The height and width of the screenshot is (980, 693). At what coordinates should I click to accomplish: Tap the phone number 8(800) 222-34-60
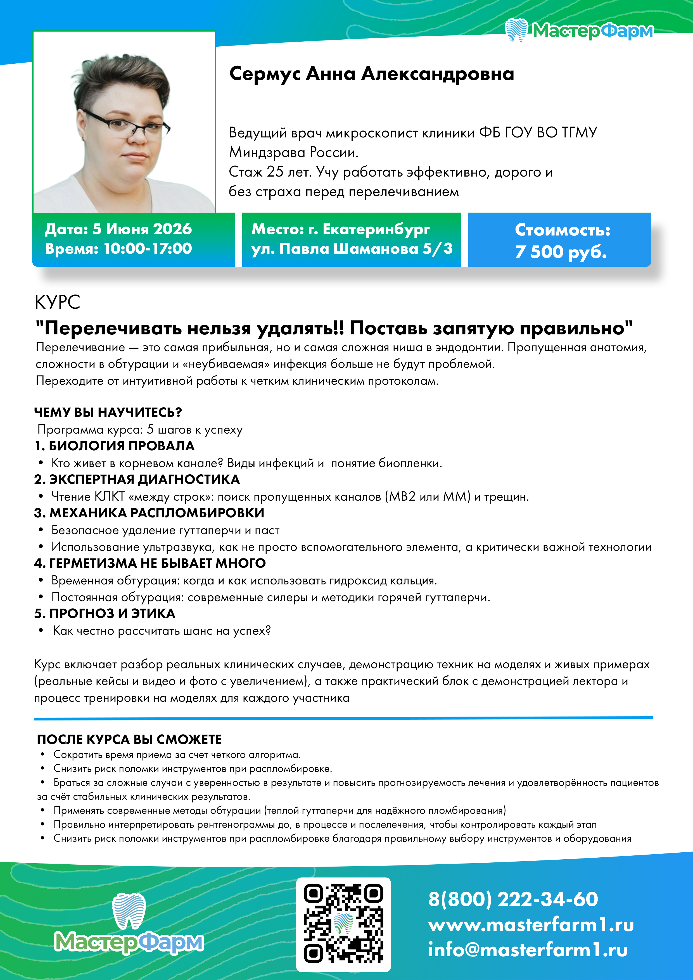tap(513, 899)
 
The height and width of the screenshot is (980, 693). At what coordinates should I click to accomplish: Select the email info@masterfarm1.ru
tap(528, 950)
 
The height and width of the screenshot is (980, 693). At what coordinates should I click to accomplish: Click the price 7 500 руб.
tap(561, 252)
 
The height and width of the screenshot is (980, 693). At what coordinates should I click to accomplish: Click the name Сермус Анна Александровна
tap(371, 74)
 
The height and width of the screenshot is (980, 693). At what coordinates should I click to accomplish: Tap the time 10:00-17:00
tap(148, 248)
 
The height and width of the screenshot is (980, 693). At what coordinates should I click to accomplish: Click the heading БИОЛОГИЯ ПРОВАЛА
tap(121, 446)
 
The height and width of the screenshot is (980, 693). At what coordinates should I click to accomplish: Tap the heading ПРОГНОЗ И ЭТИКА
tap(112, 613)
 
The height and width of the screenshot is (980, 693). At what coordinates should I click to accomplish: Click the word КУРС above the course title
tap(57, 302)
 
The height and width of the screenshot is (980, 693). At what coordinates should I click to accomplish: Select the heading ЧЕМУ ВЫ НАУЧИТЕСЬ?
tap(108, 412)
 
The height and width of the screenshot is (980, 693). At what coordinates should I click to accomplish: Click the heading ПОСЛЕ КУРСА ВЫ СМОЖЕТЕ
tap(129, 739)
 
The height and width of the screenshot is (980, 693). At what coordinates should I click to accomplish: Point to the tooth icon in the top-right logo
tap(517, 30)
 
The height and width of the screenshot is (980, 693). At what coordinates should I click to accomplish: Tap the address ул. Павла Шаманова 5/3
tap(352, 248)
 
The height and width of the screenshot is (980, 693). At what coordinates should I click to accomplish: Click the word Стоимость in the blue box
tap(562, 230)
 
